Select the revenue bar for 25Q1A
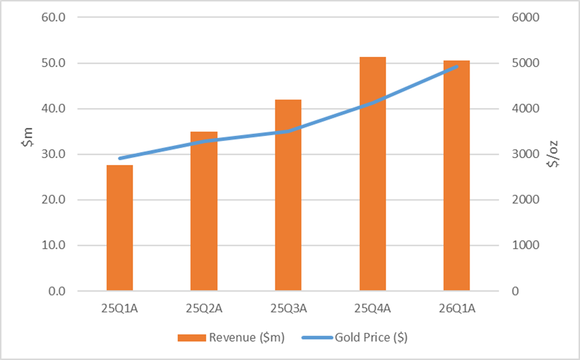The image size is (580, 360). [x=120, y=228]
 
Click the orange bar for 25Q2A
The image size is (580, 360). [x=204, y=211]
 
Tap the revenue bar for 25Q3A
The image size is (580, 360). [x=288, y=195]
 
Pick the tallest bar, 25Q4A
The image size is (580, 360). [x=373, y=174]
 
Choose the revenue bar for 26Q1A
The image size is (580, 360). [x=457, y=175]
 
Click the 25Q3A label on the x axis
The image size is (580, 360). [x=289, y=308]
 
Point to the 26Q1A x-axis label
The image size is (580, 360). [x=457, y=308]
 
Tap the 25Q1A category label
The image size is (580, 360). [x=120, y=308]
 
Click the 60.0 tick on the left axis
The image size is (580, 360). [x=54, y=17]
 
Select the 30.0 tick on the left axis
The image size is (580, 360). [x=54, y=154]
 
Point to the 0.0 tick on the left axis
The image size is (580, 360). [x=57, y=291]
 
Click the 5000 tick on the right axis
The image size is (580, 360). [x=526, y=62]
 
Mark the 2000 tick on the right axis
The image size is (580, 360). [x=526, y=199]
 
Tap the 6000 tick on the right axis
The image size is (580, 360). [x=526, y=17]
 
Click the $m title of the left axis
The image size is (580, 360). [x=28, y=137]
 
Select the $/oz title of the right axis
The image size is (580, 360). [x=553, y=154]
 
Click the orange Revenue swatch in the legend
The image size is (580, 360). [x=192, y=338]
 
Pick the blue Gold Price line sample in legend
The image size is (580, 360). [x=317, y=338]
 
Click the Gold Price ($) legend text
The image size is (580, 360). [x=371, y=337]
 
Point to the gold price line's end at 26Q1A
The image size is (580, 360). [x=457, y=67]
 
